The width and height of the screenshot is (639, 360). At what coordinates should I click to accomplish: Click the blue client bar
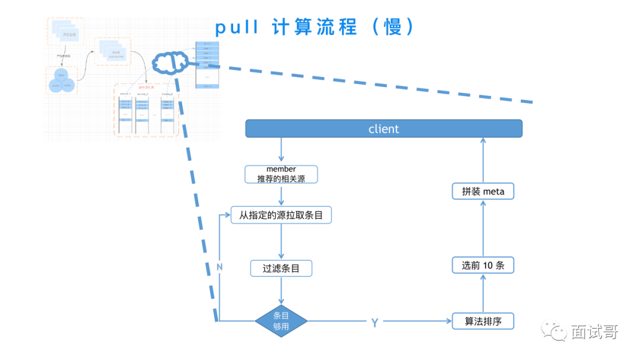click(383, 129)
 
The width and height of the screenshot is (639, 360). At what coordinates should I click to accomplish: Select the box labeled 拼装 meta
click(483, 191)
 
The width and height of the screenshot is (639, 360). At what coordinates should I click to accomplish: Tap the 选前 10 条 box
click(483, 265)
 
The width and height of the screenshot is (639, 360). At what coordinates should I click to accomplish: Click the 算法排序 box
click(483, 322)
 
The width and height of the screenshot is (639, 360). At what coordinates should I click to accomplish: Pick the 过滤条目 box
click(281, 268)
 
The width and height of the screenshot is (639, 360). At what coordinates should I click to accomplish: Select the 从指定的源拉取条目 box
click(281, 215)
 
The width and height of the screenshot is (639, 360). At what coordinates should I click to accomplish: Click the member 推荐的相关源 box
click(281, 174)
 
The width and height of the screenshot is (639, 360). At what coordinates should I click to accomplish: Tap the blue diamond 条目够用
click(281, 322)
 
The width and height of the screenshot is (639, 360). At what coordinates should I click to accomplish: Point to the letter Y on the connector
click(375, 323)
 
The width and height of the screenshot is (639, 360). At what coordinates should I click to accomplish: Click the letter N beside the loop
click(220, 267)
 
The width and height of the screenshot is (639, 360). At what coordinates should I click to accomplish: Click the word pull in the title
click(237, 28)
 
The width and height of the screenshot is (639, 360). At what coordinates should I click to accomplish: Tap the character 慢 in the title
click(393, 27)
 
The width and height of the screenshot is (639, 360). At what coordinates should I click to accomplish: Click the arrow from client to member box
click(281, 151)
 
